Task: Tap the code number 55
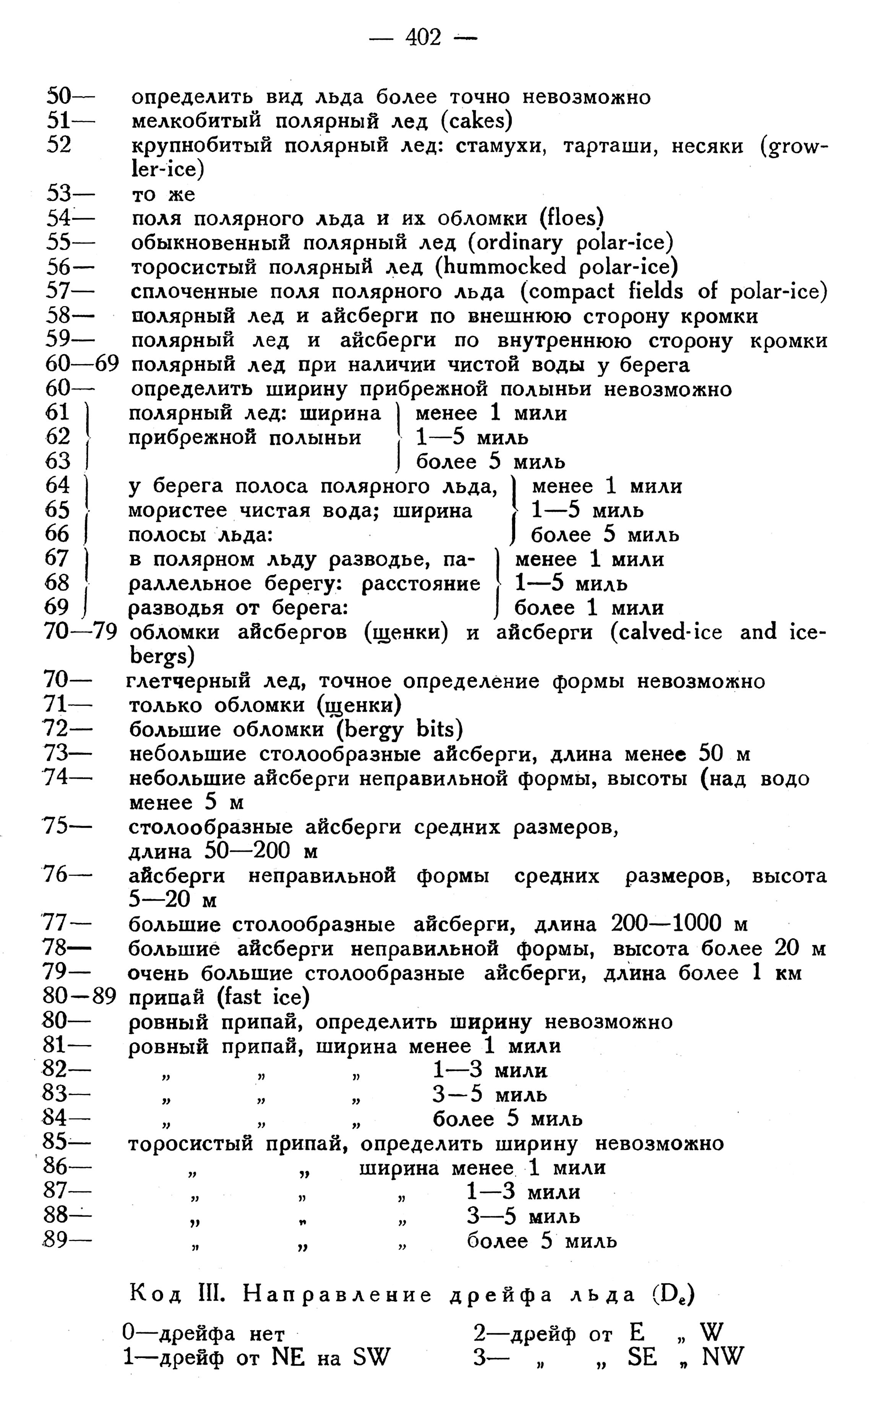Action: click(x=58, y=242)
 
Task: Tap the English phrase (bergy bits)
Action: click(x=400, y=729)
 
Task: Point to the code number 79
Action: click(x=56, y=973)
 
